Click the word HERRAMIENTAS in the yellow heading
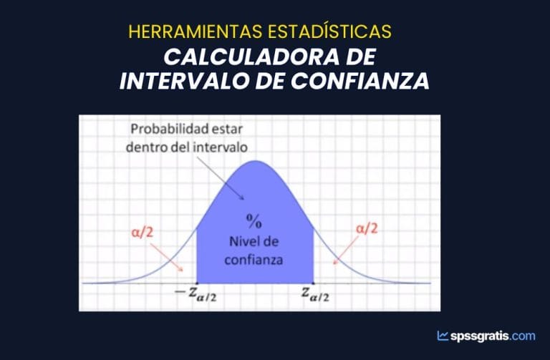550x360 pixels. (196, 31)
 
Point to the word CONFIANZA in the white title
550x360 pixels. (360, 81)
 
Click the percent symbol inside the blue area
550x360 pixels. (254, 221)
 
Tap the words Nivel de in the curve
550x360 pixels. (254, 241)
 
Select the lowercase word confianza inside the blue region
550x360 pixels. (254, 260)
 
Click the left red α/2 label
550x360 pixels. (143, 233)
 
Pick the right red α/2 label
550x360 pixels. (367, 228)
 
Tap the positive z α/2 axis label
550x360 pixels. (315, 294)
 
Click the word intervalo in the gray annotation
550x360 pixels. (221, 147)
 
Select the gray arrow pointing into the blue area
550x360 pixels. (221, 178)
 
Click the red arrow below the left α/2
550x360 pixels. (167, 257)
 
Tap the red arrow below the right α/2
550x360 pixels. (345, 250)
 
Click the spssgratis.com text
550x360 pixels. (493, 336)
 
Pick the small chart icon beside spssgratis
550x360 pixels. (443, 336)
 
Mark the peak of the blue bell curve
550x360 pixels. (256, 161)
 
